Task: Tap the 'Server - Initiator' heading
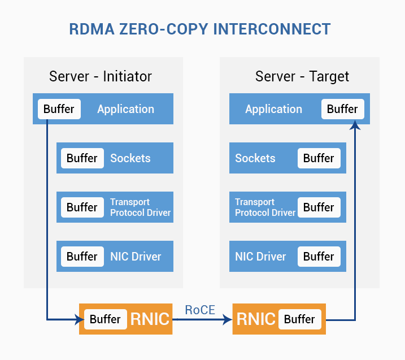[x=101, y=76]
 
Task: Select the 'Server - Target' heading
[x=302, y=76]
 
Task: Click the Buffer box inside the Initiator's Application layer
[x=59, y=109]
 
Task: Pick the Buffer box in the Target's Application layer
[x=343, y=109]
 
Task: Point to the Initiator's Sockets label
[x=130, y=158]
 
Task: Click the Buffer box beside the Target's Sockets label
[x=319, y=158]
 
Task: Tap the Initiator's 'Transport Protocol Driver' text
[x=140, y=207]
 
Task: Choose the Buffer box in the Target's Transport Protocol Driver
[x=319, y=207]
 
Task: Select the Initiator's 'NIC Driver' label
[x=136, y=257]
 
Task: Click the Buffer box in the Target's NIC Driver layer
[x=319, y=257]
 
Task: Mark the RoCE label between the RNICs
[x=200, y=310]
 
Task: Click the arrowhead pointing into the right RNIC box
[x=228, y=320]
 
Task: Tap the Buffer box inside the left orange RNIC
[x=106, y=319]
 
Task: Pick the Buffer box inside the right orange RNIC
[x=300, y=319]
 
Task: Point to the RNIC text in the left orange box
[x=150, y=319]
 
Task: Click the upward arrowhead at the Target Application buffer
[x=355, y=125]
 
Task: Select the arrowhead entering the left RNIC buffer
[x=79, y=320]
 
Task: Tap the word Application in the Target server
[x=273, y=109]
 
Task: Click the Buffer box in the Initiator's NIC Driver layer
[x=82, y=257]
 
